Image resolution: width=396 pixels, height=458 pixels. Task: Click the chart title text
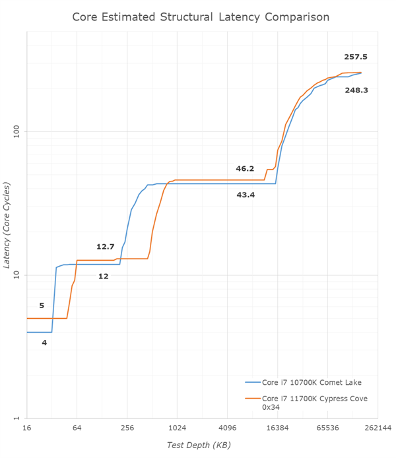[201, 16]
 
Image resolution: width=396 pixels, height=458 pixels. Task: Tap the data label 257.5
[355, 57]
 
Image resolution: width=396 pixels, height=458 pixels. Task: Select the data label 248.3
[356, 90]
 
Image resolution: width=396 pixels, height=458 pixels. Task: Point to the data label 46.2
[245, 169]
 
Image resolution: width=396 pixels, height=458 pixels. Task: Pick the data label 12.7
[105, 247]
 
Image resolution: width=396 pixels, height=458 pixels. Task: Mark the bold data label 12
[104, 277]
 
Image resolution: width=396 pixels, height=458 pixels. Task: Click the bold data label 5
[42, 306]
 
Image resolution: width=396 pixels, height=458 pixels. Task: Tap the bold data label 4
[44, 343]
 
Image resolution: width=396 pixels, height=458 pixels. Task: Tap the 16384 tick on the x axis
[277, 428]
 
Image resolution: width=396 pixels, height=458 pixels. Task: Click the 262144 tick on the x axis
[378, 428]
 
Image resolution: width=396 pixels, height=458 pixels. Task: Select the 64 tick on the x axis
[77, 428]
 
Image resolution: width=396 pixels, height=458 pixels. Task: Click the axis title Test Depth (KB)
[198, 445]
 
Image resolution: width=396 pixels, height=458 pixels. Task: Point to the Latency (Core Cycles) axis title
[8, 226]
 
